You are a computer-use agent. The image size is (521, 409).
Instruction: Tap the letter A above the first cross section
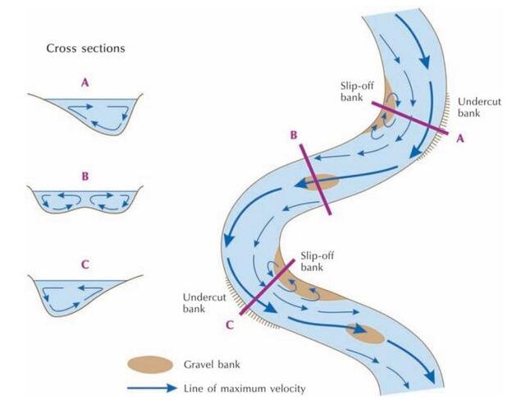point(85,82)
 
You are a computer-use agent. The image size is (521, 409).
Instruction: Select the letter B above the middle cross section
point(85,175)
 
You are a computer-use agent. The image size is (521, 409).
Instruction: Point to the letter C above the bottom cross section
point(85,265)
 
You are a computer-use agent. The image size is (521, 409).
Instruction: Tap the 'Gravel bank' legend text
point(218,365)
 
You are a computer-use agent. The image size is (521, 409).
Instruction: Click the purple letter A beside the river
point(460,139)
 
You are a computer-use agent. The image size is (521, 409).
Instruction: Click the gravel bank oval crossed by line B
point(321,182)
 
